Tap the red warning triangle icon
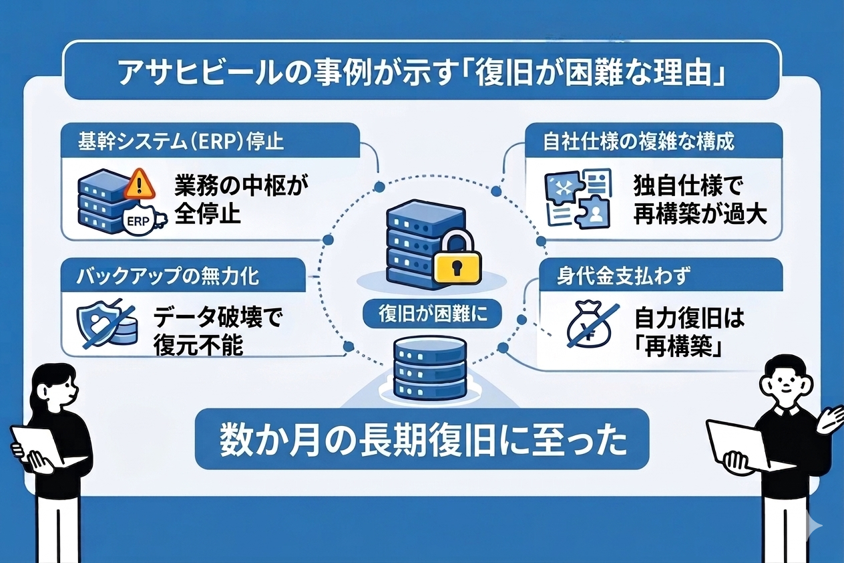[139, 183]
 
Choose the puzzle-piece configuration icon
[578, 199]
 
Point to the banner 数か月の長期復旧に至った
[423, 438]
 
